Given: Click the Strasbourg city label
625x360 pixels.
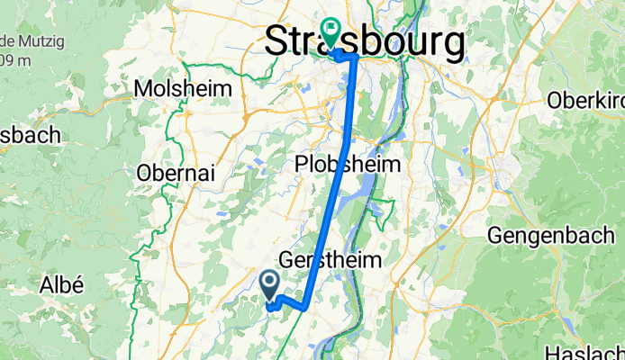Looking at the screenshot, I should (365, 41).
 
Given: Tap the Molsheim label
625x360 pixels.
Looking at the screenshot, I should (182, 89).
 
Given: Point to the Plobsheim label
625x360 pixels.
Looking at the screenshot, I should (348, 166).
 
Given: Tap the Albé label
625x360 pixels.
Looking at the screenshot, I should (62, 285).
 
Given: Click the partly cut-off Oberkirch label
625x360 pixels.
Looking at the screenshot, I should (585, 100).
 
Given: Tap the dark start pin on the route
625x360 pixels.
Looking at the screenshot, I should (269, 285).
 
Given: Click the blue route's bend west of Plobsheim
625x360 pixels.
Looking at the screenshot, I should (347, 142).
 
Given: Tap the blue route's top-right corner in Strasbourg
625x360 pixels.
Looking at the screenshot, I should (357, 57).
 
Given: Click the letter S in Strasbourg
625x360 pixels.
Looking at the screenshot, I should (279, 41).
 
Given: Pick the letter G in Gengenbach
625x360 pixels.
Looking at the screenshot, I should (496, 236).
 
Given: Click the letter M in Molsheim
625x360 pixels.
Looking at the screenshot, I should (142, 89).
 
